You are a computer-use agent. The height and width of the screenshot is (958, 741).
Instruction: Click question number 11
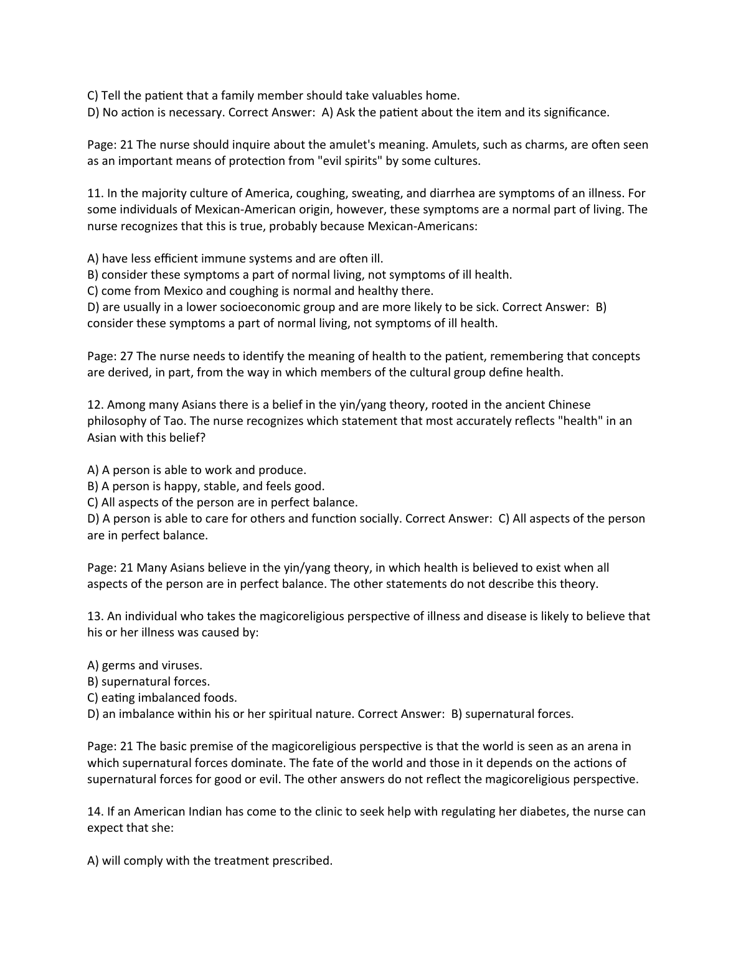[x=95, y=193]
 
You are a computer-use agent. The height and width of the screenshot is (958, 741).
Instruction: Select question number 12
[x=95, y=405]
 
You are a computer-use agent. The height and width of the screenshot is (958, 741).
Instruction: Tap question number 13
[x=95, y=616]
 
